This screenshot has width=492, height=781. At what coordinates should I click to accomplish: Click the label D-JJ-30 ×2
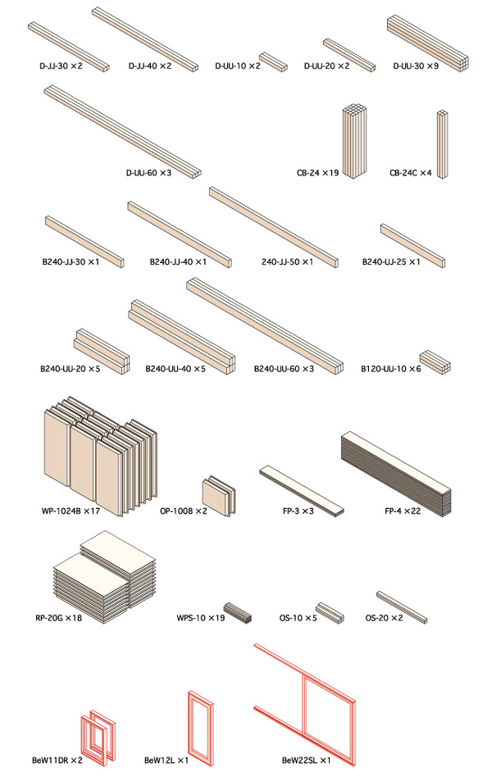[59, 65]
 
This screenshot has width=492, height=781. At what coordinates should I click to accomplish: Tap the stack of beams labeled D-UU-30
[427, 41]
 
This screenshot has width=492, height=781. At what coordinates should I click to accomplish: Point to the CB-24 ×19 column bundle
[353, 141]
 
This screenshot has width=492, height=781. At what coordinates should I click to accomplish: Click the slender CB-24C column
[442, 143]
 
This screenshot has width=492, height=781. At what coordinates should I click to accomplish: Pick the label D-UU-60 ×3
[148, 173]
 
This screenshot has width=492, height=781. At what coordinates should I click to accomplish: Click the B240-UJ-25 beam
[412, 244]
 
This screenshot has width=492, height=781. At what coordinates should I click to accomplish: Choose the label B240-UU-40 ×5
[175, 369]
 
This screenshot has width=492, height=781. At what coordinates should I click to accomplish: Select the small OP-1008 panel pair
[219, 495]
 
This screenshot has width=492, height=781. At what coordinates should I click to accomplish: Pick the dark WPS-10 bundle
[241, 611]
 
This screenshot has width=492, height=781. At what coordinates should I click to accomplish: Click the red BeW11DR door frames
[98, 733]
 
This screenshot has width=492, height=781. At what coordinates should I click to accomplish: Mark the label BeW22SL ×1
[306, 761]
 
